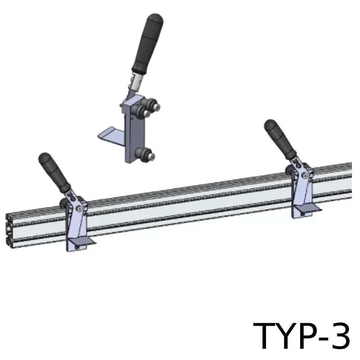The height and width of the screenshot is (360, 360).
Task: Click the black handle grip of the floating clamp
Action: click(x=148, y=44)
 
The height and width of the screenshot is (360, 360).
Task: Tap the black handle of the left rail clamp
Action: click(x=54, y=172)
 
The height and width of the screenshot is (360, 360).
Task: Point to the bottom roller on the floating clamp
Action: click(x=144, y=154)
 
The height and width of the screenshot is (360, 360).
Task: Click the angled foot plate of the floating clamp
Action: click(x=111, y=134)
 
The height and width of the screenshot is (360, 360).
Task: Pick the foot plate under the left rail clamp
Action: click(x=82, y=240)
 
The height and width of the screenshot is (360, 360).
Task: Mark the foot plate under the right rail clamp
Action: click(x=308, y=208)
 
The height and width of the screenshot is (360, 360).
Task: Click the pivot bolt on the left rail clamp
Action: click(x=80, y=208)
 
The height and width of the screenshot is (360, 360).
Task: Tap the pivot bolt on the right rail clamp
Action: click(x=305, y=175)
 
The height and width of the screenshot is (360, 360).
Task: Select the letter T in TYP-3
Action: click(x=266, y=335)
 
